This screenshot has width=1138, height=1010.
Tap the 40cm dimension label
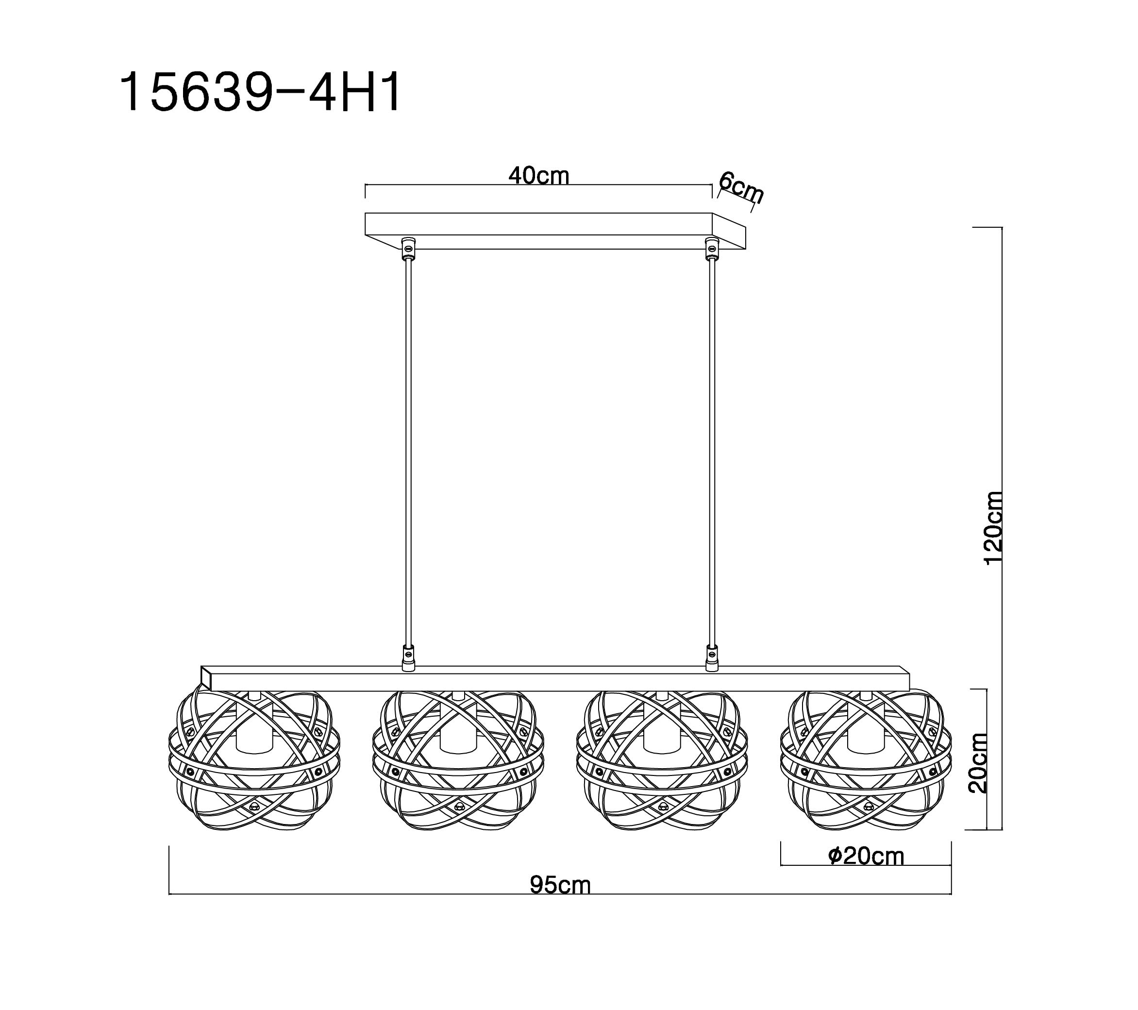tap(539, 176)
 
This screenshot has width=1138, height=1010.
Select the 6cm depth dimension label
tap(741, 187)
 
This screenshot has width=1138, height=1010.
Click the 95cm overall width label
tap(560, 885)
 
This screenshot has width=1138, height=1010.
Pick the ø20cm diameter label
tap(866, 856)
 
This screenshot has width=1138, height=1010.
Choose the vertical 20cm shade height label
tap(978, 763)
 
